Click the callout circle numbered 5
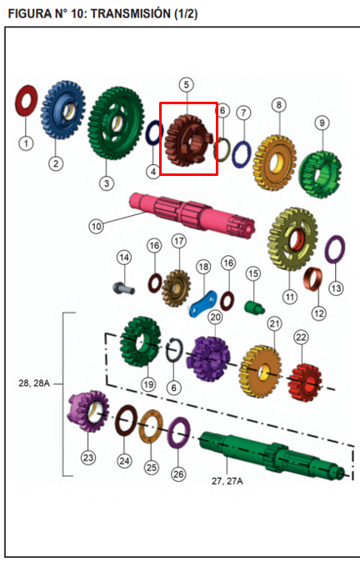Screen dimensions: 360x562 tap(187, 85)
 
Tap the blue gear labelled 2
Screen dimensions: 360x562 tap(63, 110)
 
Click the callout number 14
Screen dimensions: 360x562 tap(124, 258)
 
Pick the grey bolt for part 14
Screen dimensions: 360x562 tap(123, 289)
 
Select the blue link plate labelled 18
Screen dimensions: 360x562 tap(203, 304)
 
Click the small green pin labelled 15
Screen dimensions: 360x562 tap(255, 307)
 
